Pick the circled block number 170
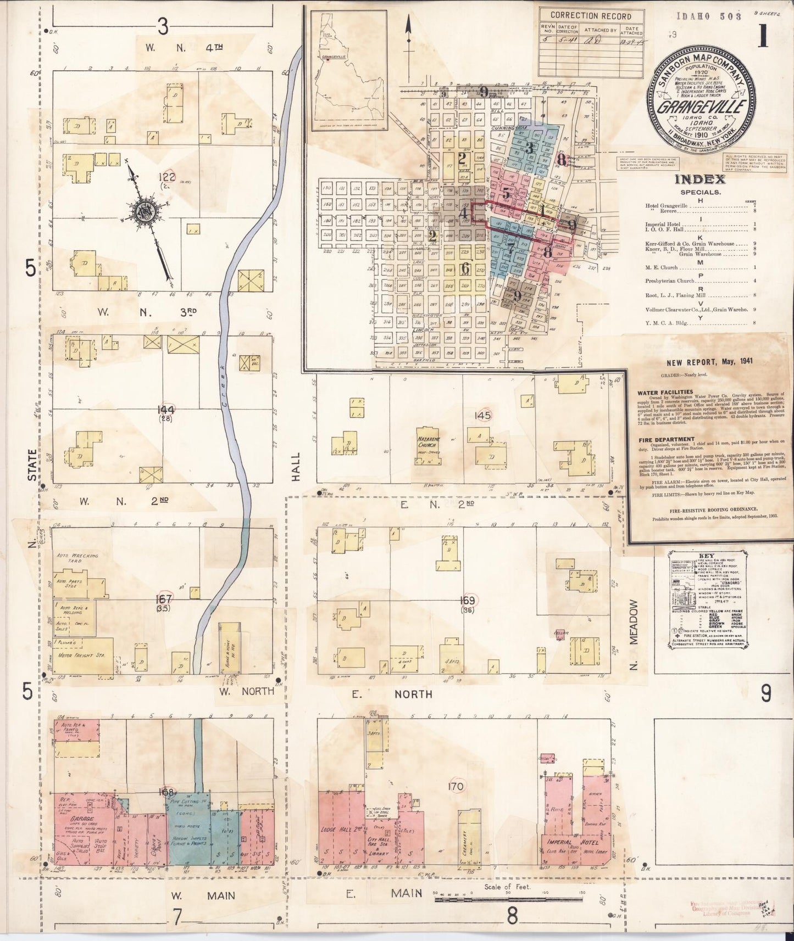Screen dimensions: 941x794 tap(456, 786)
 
